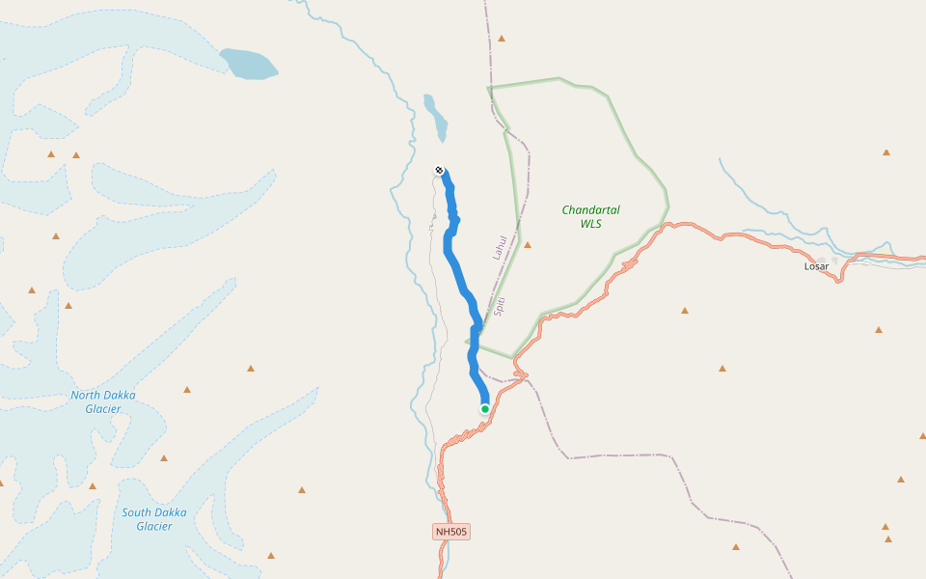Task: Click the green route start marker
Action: [x=485, y=409]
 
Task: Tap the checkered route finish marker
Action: [x=440, y=171]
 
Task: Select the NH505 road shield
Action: [x=451, y=532]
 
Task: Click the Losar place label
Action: [x=816, y=266]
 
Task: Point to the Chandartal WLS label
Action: [x=590, y=216]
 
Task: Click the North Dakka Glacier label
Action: [x=103, y=401]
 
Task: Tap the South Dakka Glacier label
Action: [x=154, y=519]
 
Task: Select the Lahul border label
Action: [x=499, y=248]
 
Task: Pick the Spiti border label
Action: [x=500, y=307]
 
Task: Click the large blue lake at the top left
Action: [x=249, y=64]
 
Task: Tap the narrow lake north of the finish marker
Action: [x=437, y=118]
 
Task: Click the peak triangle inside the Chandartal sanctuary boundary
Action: [x=527, y=244]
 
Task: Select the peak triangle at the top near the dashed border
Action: [x=502, y=39]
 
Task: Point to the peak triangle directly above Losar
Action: [x=885, y=152]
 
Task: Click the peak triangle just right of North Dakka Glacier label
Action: [x=187, y=390]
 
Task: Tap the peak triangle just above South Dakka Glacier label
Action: [x=164, y=458]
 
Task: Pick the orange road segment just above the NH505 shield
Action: [x=443, y=482]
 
